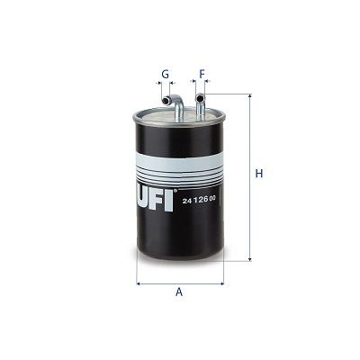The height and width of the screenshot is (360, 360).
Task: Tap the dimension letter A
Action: pos(179,292)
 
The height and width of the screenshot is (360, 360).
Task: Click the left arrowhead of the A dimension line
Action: pos(139,282)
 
